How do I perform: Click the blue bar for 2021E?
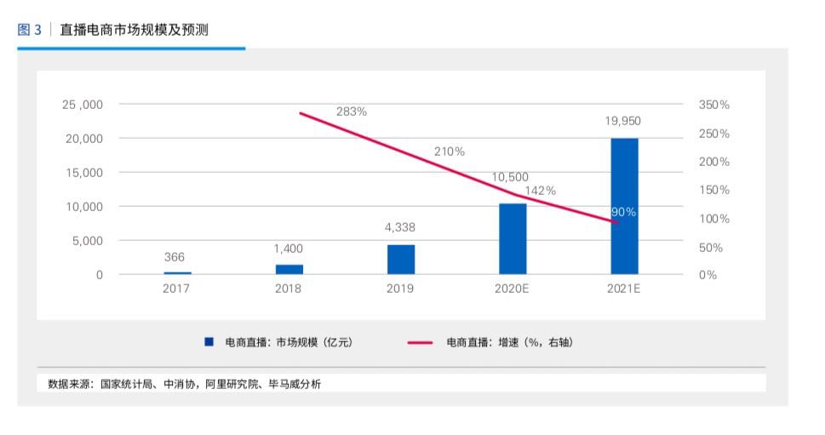pos(624,206)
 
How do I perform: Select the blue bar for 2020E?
pos(513,239)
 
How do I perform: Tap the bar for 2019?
pos(401,260)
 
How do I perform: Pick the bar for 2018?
pos(289,269)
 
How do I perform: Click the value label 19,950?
pos(623,121)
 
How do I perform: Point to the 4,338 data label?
pos(400,227)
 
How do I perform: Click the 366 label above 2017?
pos(174,257)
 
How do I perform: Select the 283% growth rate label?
pos(351,112)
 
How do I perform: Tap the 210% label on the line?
pos(450,152)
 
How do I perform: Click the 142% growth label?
pos(540,191)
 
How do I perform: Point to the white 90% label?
pos(623,212)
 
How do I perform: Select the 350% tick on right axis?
pos(713,105)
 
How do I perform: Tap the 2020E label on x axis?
pos(512,289)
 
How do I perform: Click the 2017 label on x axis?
pos(176,289)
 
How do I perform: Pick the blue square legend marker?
pos(209,342)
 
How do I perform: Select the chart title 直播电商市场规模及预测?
pos(134,30)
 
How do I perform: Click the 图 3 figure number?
pos(29,30)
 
